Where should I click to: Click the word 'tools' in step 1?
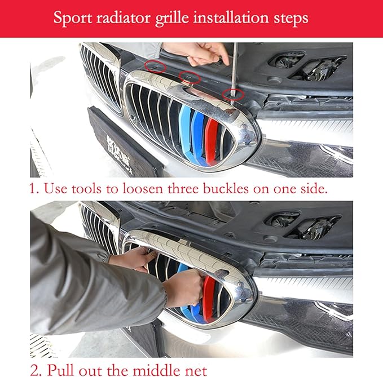pos(86,189)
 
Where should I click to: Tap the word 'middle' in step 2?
pos(156,370)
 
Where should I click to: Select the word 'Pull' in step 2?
pos(59,370)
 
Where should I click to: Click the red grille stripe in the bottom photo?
pos(209,299)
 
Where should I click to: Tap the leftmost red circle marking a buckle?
pos(155,66)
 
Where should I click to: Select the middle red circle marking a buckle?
pos(190,77)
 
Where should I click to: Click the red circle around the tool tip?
pos(234,95)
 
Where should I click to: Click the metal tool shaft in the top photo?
pos(235,71)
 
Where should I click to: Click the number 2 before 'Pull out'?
pos(34,370)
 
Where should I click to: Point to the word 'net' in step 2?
pos(196,371)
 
